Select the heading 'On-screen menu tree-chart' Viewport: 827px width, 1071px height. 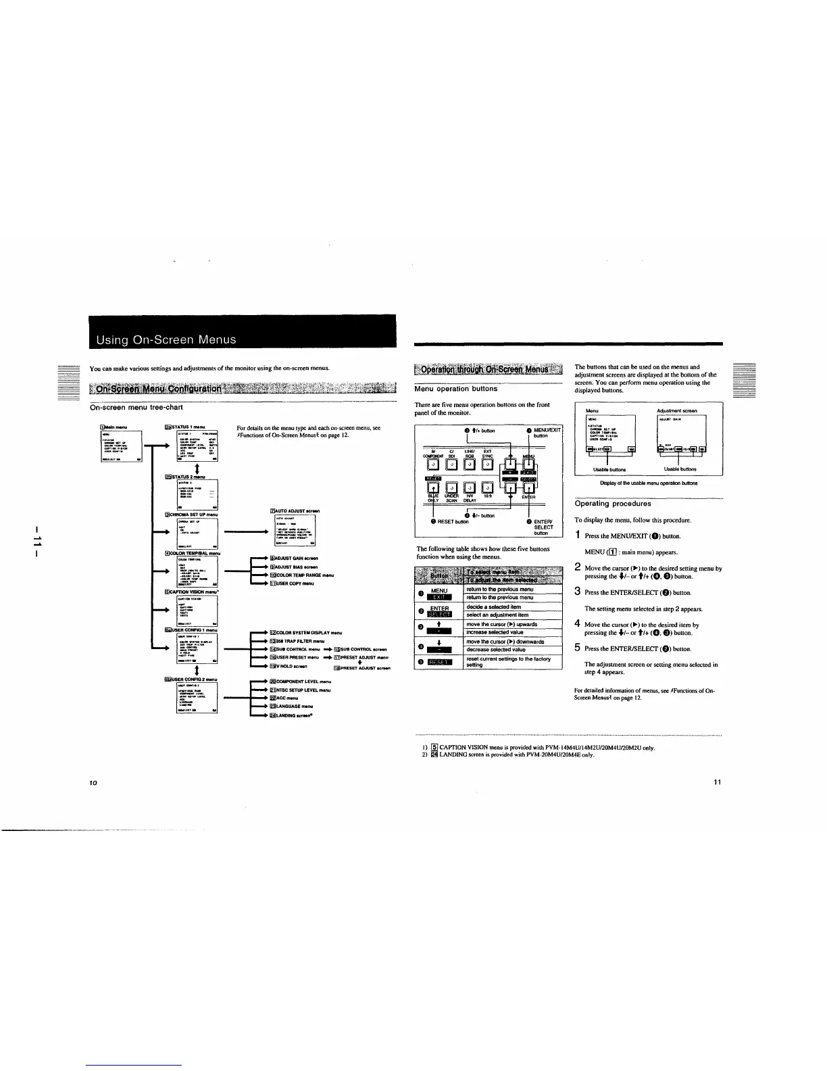point(136,407)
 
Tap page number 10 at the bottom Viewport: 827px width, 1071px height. point(94,782)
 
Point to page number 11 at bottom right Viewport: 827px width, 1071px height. point(718,782)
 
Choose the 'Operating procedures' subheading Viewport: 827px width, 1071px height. point(612,504)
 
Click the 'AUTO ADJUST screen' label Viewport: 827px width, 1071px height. point(296,511)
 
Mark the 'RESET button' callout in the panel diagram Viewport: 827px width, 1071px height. point(453,522)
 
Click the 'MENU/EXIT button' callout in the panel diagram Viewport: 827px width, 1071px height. point(547,433)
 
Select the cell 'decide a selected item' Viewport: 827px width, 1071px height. point(493,607)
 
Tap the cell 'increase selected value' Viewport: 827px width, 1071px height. point(495,632)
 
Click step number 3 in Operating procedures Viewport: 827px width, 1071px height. point(578,591)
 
